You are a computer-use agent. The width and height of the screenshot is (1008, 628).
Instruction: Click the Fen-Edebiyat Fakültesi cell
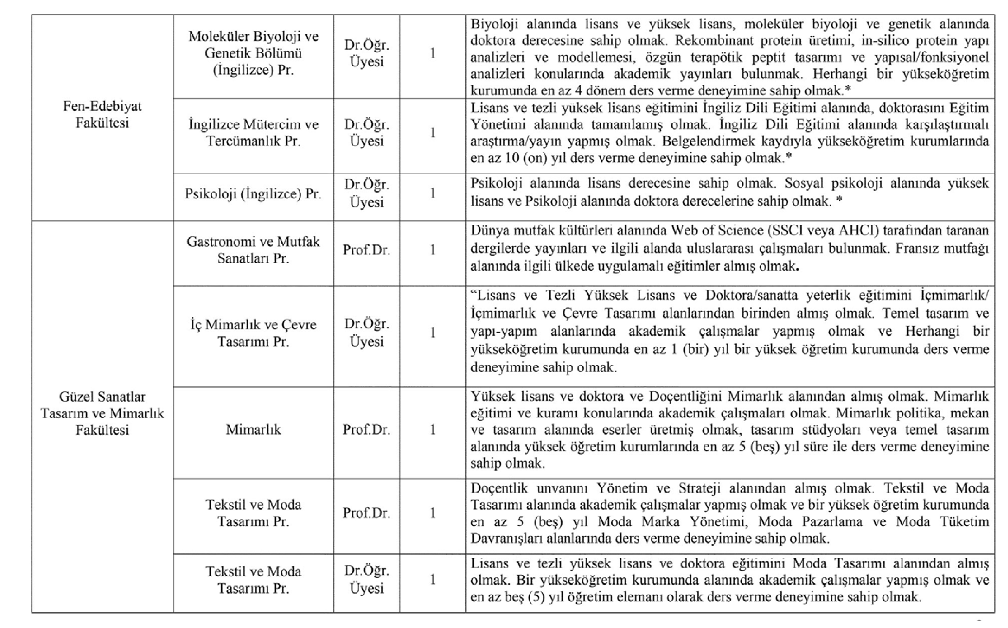pyautogui.click(x=102, y=114)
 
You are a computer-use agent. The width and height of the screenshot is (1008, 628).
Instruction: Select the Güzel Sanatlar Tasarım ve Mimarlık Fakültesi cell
pyautogui.click(x=102, y=413)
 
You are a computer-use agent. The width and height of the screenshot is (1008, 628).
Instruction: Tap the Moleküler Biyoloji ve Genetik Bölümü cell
pyautogui.click(x=253, y=53)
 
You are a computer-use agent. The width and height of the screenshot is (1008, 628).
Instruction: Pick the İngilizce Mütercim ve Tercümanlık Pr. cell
pyautogui.click(x=253, y=132)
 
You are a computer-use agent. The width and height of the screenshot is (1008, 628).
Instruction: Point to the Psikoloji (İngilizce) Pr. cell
pyautogui.click(x=253, y=194)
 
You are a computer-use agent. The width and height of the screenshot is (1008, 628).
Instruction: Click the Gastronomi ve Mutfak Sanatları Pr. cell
pyautogui.click(x=253, y=250)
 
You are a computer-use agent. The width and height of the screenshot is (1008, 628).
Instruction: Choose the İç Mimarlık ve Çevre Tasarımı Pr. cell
pyautogui.click(x=253, y=333)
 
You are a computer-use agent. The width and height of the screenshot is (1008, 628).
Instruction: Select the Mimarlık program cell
pyautogui.click(x=253, y=429)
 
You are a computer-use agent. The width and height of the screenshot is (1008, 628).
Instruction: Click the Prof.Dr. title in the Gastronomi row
pyautogui.click(x=366, y=250)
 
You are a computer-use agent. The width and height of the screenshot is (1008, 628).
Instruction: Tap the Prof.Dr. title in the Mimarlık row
pyautogui.click(x=366, y=429)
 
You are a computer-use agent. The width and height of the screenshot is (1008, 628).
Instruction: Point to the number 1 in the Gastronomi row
pyautogui.click(x=433, y=250)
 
